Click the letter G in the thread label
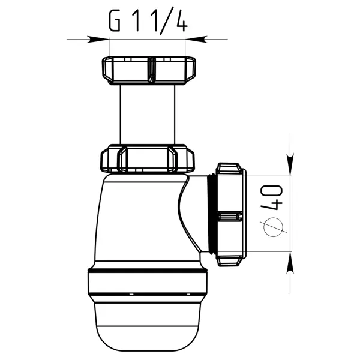pyautogui.click(x=115, y=21)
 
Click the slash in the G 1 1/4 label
pyautogui.click(x=165, y=23)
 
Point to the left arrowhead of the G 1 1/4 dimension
pyautogui.click(x=98, y=39)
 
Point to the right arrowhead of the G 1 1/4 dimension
pyautogui.click(x=196, y=39)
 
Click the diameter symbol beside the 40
pyautogui.click(x=273, y=227)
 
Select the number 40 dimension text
pyautogui.click(x=271, y=197)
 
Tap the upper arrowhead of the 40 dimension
pyautogui.click(x=290, y=165)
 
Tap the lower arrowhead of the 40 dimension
pyautogui.click(x=290, y=262)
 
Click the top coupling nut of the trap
pyautogui.click(x=149, y=70)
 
